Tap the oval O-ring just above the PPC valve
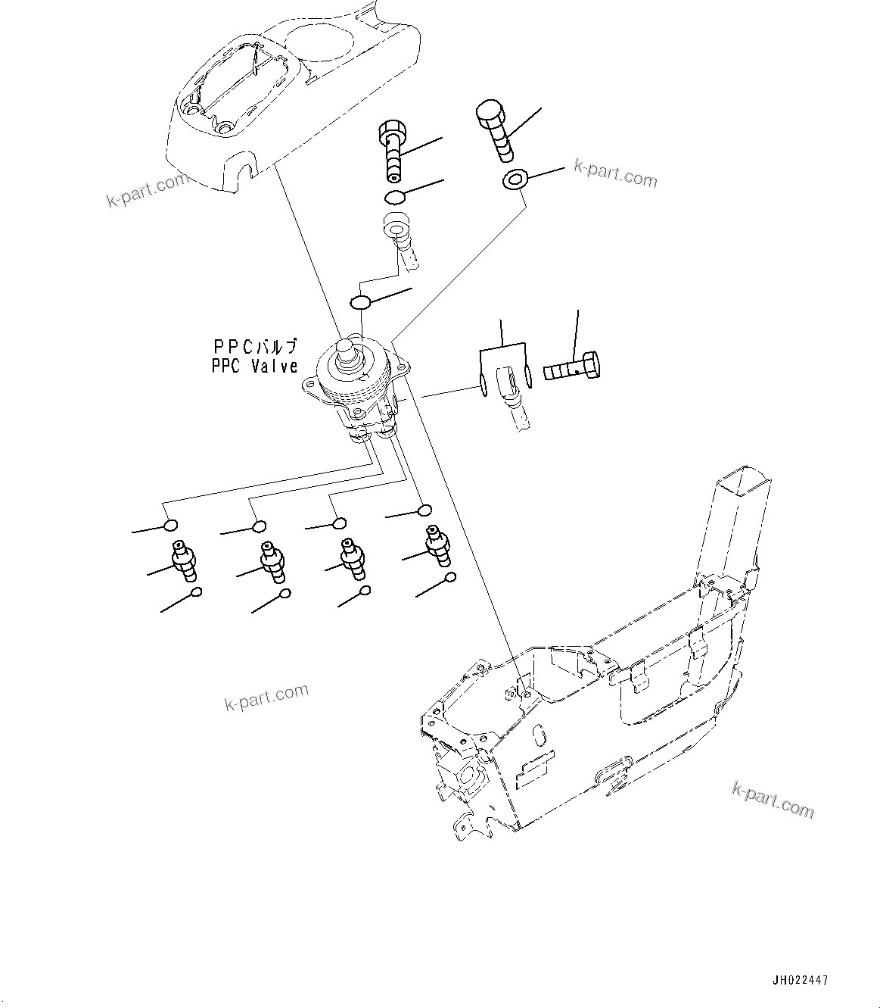click(x=360, y=302)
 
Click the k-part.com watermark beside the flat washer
click(x=615, y=173)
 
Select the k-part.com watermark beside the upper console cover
click(x=147, y=192)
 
